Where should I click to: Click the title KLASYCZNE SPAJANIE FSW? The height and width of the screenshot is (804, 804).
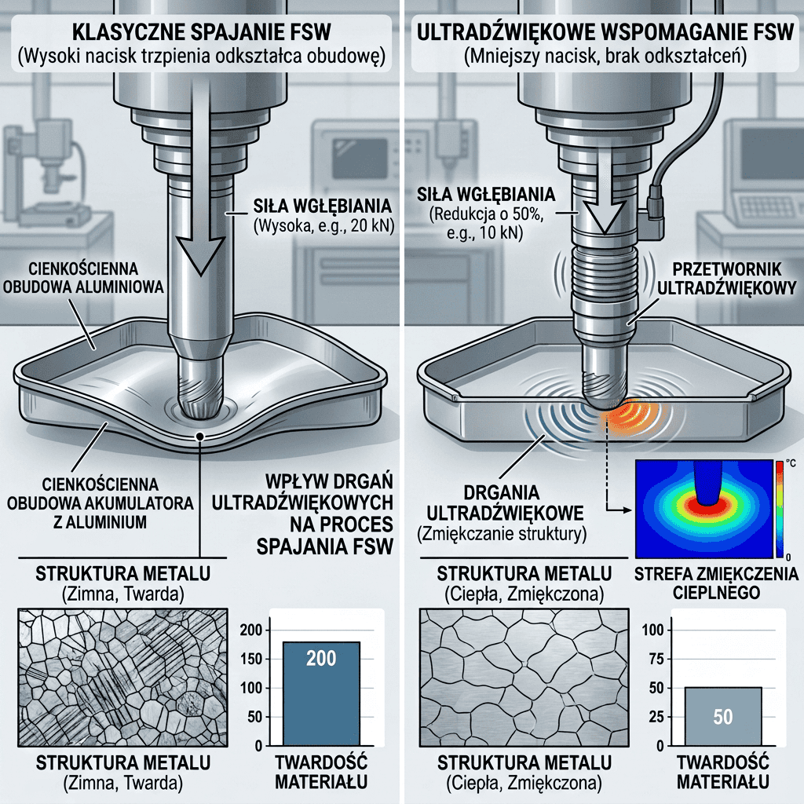[201, 31]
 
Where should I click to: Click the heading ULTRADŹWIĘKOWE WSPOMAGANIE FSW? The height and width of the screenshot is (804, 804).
[605, 31]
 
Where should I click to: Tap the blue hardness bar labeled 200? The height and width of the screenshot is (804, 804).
[321, 693]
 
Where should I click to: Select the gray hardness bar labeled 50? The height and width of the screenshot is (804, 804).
[723, 716]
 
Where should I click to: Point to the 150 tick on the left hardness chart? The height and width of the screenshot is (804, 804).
[251, 659]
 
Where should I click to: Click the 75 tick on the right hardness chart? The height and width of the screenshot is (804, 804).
[656, 659]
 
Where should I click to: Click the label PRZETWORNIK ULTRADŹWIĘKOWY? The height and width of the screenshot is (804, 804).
[726, 279]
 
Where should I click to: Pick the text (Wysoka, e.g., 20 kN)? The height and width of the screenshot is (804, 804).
[323, 225]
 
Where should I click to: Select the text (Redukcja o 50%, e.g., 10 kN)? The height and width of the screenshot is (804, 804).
[485, 224]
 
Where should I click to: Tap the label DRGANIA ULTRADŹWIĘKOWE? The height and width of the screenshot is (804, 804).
[505, 502]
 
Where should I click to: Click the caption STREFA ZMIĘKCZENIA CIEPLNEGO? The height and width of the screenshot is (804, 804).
[716, 583]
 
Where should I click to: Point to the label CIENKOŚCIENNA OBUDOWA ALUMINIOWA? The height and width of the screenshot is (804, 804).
[83, 277]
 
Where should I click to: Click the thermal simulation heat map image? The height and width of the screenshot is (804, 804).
[704, 509]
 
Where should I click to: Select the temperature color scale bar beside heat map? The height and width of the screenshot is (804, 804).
[779, 509]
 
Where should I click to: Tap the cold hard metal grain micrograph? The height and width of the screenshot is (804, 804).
[122, 678]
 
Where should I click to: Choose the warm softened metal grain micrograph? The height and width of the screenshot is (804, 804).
[524, 678]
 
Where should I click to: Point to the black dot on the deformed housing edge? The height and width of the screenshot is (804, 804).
[199, 436]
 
